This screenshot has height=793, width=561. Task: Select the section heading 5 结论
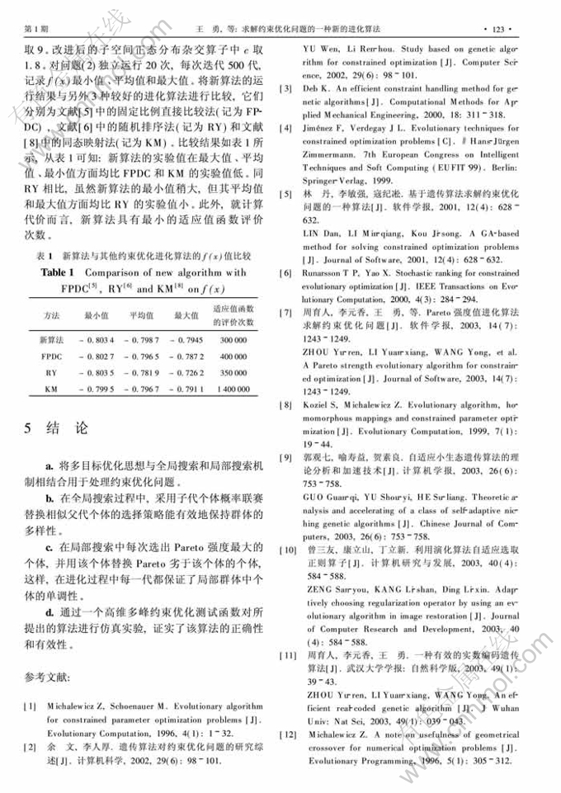54,429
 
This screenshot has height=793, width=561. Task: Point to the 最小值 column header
97,315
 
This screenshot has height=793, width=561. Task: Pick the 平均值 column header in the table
141,315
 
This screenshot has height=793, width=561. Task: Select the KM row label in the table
50,388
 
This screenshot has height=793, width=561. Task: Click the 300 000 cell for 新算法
234,340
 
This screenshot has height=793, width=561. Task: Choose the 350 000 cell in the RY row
234,372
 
